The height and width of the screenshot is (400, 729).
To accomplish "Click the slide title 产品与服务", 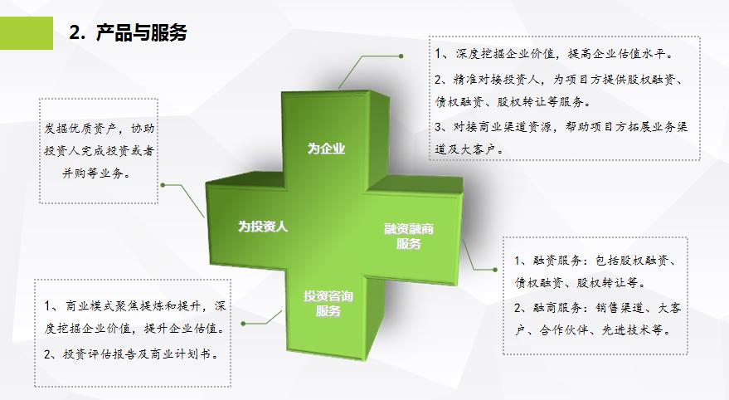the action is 141,33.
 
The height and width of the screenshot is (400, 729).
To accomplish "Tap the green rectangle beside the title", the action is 27,33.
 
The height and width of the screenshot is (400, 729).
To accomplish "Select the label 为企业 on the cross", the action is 326,149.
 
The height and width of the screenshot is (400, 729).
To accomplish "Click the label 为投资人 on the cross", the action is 263,227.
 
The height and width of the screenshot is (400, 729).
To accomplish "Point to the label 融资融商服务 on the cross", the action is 409,236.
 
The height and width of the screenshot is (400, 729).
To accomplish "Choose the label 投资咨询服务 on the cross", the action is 328,303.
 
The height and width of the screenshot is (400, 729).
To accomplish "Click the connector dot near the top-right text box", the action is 401,56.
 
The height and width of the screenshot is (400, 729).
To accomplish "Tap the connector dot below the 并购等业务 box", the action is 163,185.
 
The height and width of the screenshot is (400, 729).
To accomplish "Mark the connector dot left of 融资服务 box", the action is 495,270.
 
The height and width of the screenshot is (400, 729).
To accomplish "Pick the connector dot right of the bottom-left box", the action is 243,324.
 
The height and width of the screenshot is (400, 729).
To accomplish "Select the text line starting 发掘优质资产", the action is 99,129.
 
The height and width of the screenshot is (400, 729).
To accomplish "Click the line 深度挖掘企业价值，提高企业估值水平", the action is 554,55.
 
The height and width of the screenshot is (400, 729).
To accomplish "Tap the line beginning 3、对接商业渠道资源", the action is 561,126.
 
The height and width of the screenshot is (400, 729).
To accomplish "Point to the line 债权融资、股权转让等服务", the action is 513,101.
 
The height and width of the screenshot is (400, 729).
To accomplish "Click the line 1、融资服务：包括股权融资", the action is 595,261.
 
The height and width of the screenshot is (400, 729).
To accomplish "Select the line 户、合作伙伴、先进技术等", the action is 594,330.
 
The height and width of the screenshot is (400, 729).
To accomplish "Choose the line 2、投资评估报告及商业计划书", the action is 132,354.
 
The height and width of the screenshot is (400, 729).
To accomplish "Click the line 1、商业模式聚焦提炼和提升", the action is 135,305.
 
